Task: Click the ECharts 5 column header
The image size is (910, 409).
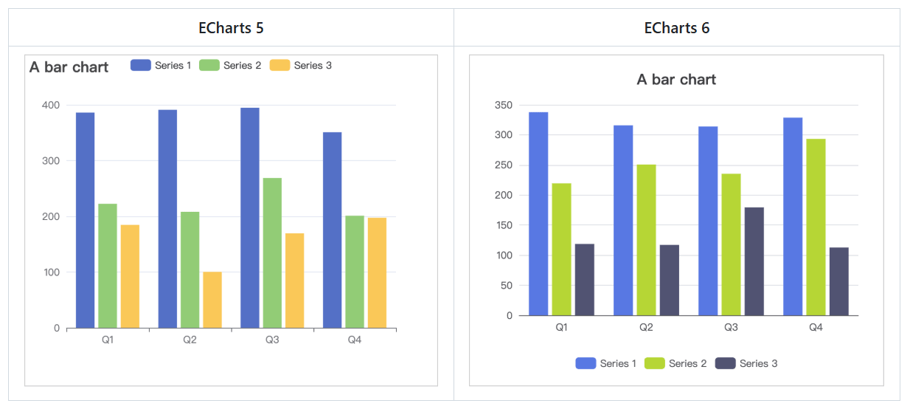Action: [x=231, y=28]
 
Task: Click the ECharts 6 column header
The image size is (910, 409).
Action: [x=676, y=28]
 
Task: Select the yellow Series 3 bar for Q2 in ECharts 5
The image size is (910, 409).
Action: [x=212, y=300]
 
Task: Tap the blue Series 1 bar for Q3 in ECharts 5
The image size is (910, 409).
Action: [x=250, y=218]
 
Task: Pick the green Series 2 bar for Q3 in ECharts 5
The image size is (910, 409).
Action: [x=272, y=252]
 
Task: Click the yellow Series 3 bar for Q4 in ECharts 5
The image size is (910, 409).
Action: [x=377, y=272]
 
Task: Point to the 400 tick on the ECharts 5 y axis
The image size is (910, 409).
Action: [x=51, y=105]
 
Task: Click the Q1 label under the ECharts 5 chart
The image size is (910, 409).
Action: [x=108, y=340]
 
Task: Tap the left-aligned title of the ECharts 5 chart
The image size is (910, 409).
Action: [x=69, y=67]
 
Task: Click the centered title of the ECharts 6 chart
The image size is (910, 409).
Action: [x=676, y=80]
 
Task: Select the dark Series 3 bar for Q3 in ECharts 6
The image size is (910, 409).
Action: [x=754, y=261]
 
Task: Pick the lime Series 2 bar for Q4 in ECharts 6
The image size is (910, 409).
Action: [x=816, y=227]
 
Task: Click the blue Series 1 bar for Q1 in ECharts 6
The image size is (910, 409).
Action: [x=538, y=214]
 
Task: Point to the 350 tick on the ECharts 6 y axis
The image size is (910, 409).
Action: [x=503, y=105]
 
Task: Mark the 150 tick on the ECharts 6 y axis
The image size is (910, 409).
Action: [x=503, y=225]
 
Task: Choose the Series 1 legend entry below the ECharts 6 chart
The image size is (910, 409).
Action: [x=605, y=363]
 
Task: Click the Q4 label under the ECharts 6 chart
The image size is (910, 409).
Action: [x=816, y=327]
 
